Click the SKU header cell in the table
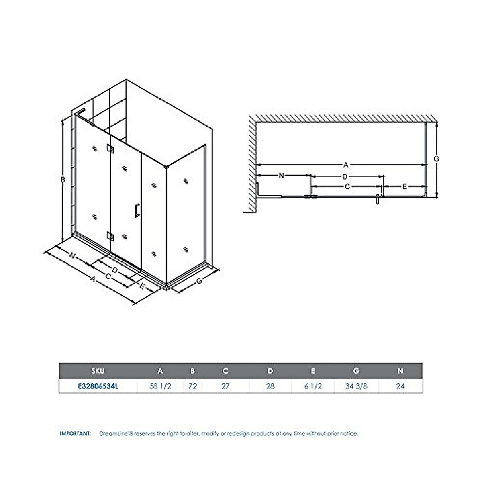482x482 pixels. (98, 371)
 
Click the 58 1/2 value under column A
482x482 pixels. (160, 386)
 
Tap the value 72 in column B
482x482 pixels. (193, 386)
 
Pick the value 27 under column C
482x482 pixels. (225, 386)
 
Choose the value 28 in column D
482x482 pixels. (270, 386)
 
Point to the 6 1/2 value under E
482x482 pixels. (313, 386)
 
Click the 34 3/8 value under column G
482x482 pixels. (356, 386)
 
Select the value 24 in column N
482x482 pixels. (400, 386)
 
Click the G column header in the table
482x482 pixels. (356, 371)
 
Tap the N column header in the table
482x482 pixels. (400, 371)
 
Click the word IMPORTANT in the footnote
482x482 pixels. (75, 433)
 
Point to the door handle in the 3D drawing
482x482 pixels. (137, 210)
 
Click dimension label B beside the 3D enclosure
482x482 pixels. (63, 179)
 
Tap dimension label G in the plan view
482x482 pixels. (437, 159)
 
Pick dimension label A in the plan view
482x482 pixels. (345, 165)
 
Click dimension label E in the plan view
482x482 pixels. (405, 186)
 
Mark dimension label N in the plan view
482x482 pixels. (281, 176)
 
